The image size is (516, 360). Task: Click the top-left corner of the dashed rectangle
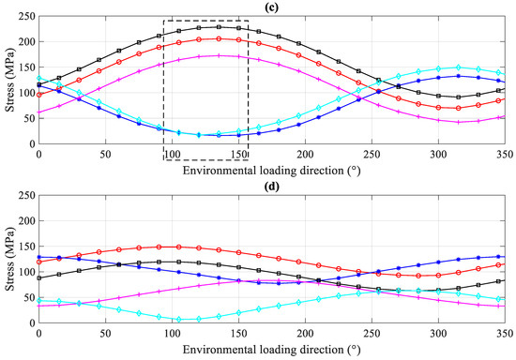tap(164, 21)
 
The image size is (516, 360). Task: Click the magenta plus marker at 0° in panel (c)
tap(38, 112)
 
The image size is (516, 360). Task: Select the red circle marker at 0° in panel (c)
tap(38, 94)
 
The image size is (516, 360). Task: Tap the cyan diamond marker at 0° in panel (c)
tap(38, 79)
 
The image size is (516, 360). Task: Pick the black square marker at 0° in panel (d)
tap(38, 277)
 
